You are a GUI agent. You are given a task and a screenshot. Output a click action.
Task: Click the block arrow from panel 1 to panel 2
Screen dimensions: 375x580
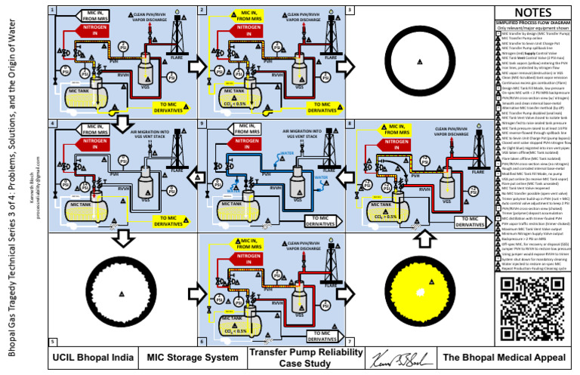pyautogui.click(x=196, y=66)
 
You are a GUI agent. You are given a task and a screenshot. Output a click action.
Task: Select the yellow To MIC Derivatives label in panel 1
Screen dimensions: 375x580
pyautogui.click(x=166, y=107)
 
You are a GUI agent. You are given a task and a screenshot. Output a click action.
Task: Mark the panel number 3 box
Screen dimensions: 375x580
pyautogui.click(x=349, y=11)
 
